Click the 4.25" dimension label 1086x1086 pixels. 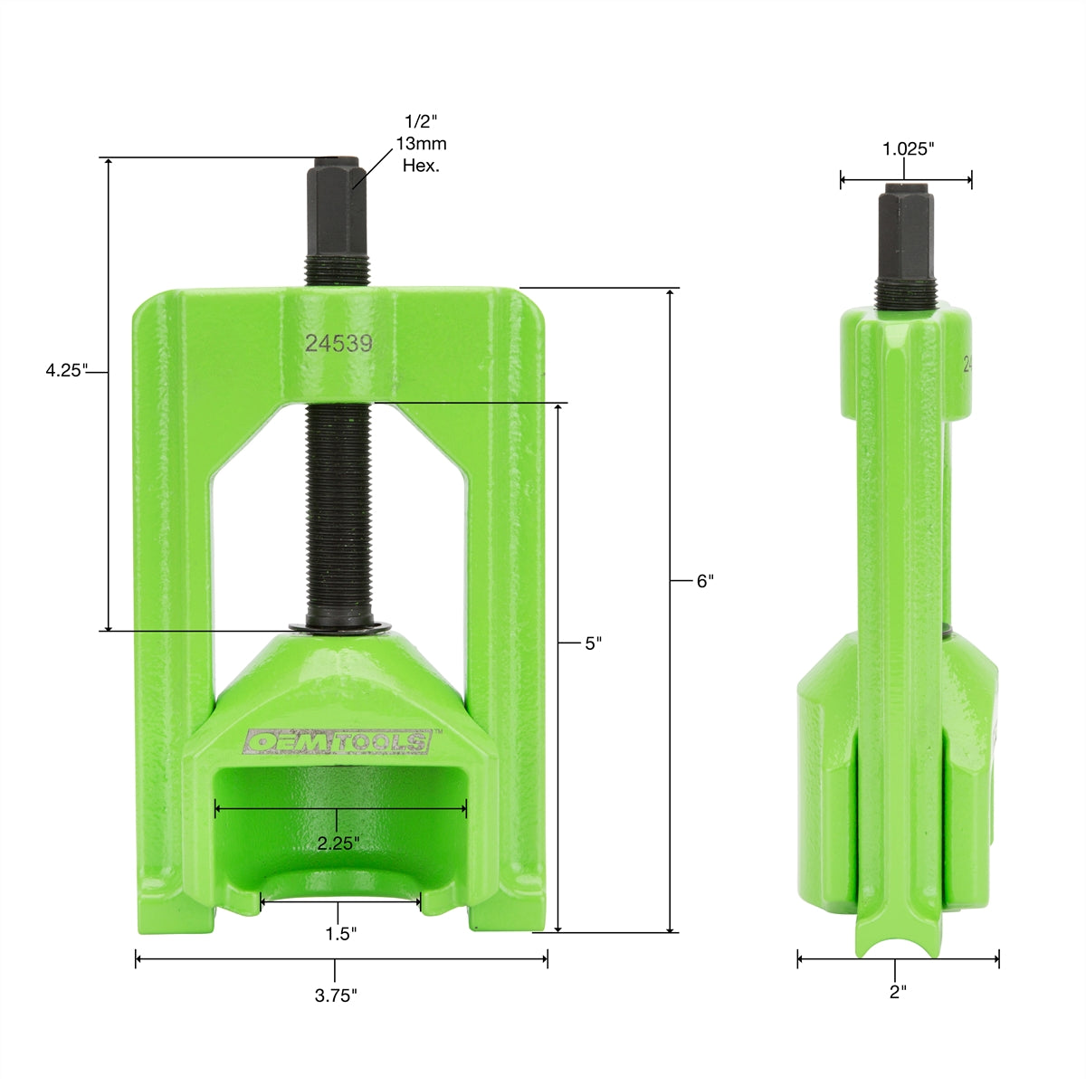click(x=66, y=370)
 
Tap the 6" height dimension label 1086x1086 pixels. click(x=705, y=582)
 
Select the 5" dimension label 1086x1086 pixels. click(x=593, y=643)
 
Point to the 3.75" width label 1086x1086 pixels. click(x=336, y=995)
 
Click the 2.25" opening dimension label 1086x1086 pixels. click(x=338, y=843)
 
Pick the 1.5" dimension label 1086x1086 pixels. click(x=340, y=933)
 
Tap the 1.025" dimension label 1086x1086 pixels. click(x=908, y=149)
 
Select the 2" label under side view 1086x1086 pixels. click(x=897, y=992)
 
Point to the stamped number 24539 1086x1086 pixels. click(x=338, y=344)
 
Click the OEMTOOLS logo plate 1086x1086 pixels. click(x=338, y=742)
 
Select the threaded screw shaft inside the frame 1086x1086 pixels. click(x=339, y=516)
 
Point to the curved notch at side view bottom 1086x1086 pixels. click(x=896, y=946)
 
